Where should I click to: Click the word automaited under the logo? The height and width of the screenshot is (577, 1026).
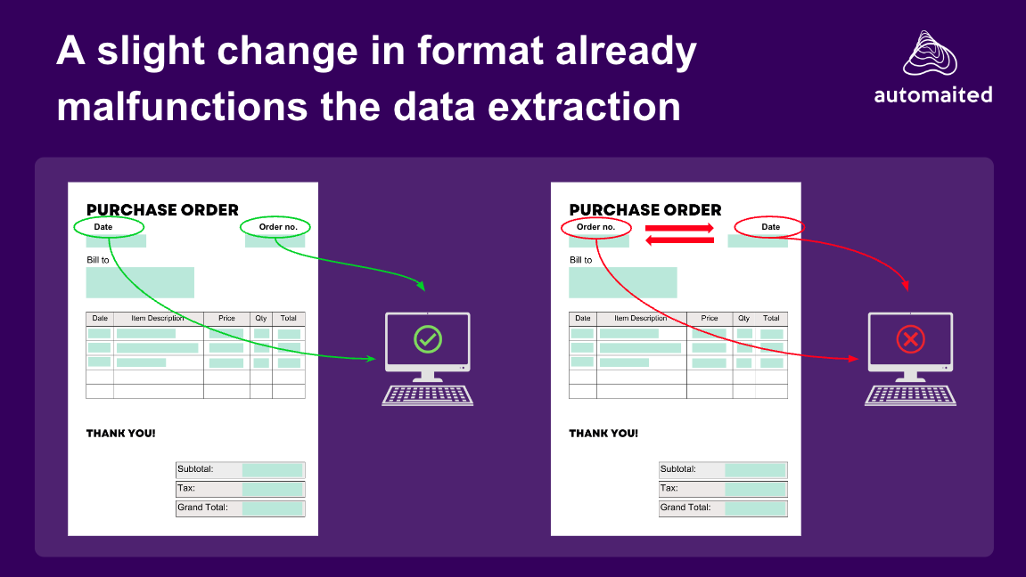[933, 94]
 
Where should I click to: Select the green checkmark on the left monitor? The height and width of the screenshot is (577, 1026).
[428, 339]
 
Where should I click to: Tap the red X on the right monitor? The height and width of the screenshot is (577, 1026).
[910, 339]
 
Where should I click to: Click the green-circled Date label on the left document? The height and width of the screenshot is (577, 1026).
[103, 227]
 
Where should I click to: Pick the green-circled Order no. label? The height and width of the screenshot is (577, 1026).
[278, 227]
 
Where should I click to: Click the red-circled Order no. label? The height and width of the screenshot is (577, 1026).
[595, 227]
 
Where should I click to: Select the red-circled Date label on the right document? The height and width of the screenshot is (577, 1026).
[771, 227]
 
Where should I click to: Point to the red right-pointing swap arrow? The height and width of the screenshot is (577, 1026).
[679, 228]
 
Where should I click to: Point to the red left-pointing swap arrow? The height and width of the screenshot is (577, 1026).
[679, 240]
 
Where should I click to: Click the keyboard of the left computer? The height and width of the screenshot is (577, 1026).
[428, 395]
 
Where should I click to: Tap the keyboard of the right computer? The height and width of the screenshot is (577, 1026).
[910, 395]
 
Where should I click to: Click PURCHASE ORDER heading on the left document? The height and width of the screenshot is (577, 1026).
[162, 210]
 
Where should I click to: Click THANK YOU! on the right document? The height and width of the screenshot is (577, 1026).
[603, 434]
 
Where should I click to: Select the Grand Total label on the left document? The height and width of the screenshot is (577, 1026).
[203, 507]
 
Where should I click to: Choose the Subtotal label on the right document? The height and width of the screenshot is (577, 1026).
[677, 468]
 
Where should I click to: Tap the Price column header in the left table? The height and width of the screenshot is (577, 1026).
[226, 318]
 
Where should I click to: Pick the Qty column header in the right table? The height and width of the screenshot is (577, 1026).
[744, 318]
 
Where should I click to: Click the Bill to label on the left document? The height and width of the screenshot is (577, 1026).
[98, 260]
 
